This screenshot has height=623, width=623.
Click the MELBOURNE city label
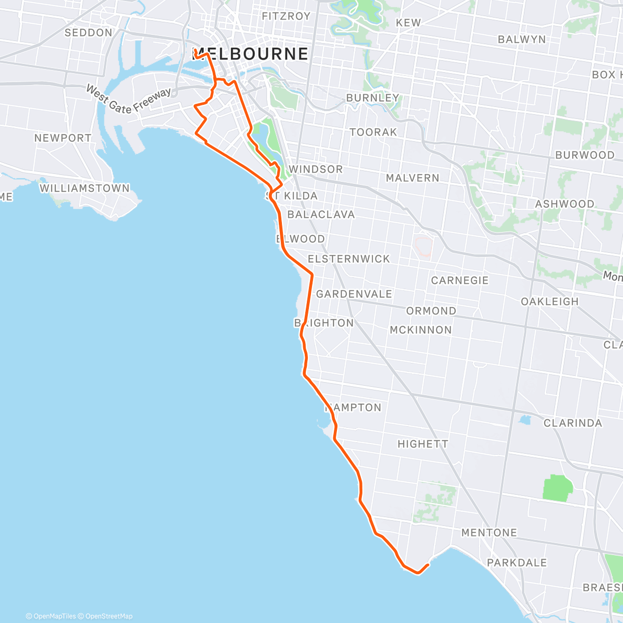(x=250, y=54)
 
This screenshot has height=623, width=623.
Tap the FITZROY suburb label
(x=286, y=16)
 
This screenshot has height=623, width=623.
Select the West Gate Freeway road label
(x=128, y=100)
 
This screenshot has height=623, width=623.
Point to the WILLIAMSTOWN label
(x=85, y=188)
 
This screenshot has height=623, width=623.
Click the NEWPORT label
(x=63, y=138)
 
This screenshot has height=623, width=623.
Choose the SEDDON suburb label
(x=88, y=33)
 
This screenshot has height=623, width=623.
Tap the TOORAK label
(x=373, y=132)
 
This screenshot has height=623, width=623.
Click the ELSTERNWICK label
(x=348, y=259)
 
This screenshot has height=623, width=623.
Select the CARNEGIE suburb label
(x=459, y=280)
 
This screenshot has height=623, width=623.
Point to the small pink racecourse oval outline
(x=424, y=247)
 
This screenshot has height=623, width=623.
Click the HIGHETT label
(x=423, y=444)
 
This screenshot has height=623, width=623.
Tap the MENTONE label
(x=489, y=533)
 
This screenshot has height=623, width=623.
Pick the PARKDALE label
(x=517, y=563)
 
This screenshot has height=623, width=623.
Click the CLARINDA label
(x=573, y=423)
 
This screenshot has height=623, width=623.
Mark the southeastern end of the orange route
(x=427, y=565)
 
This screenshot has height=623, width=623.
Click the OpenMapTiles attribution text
(x=51, y=616)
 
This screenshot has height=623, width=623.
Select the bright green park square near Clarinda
(x=558, y=489)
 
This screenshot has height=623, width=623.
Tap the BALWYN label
(x=522, y=39)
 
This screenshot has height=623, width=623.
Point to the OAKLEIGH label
(x=549, y=302)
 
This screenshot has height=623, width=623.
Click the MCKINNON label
(x=421, y=330)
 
